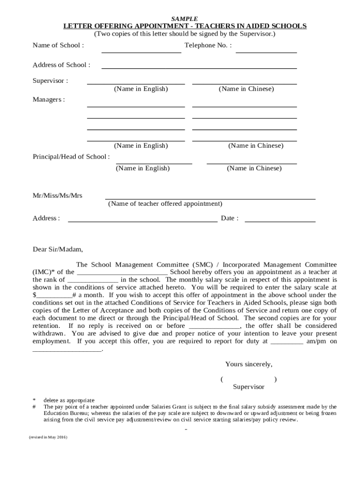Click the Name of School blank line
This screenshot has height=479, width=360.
point(141,52)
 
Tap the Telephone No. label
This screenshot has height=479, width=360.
point(208,45)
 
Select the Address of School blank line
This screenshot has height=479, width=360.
point(199,68)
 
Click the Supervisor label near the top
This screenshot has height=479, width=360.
point(50,81)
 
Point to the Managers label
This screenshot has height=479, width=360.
point(49,100)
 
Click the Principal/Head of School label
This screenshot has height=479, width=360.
point(71,157)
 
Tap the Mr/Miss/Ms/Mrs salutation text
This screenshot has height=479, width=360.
point(57,196)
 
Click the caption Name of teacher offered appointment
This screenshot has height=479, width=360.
point(165,204)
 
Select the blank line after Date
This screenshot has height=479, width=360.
point(280,221)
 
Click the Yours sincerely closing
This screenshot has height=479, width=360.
point(248,364)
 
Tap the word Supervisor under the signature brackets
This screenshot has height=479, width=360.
point(248,387)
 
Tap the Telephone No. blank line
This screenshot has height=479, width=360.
point(266,52)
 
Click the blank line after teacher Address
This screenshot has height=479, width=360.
point(143,221)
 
